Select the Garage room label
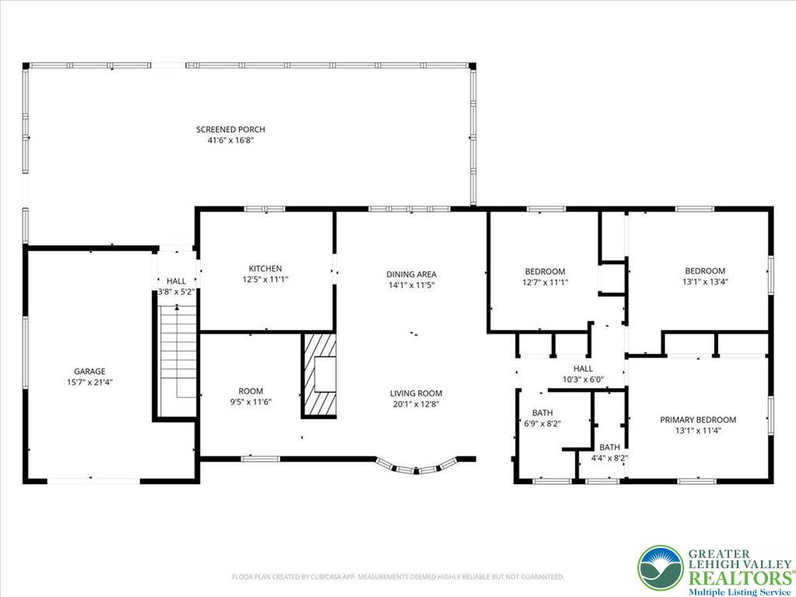89,372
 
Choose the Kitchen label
265,268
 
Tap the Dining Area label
411,274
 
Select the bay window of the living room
417,467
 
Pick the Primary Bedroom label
697,420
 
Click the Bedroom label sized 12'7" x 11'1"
545,271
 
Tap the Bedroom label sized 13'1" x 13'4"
705,271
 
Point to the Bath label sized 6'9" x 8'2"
542,413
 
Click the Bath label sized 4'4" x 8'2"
609,447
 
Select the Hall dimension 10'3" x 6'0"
583,380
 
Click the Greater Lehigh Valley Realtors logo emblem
661,567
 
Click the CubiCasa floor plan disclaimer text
397,577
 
